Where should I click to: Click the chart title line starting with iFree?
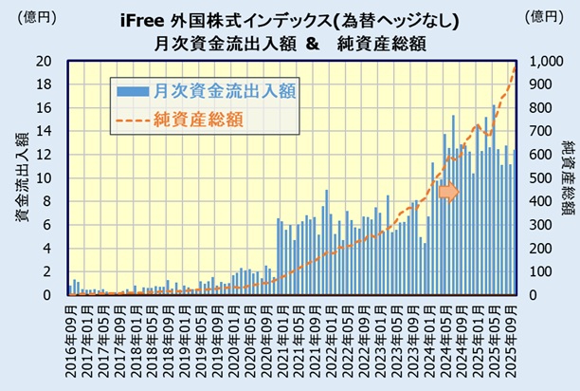point(290,20)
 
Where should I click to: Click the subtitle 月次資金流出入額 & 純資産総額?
point(290,43)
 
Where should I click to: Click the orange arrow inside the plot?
point(447,192)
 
